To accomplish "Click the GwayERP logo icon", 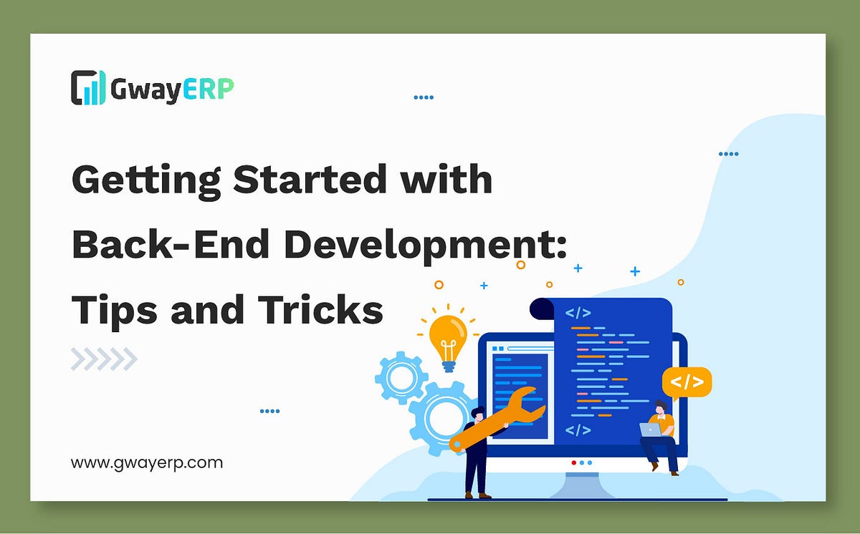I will (x=88, y=87).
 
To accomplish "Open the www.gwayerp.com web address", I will (x=147, y=462).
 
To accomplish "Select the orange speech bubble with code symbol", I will (x=687, y=382).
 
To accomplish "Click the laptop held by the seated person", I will (x=650, y=429).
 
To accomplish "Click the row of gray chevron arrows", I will (x=104, y=359).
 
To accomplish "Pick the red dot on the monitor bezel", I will (x=573, y=462).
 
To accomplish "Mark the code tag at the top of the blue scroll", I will (x=578, y=313).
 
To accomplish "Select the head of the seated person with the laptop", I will (x=661, y=407).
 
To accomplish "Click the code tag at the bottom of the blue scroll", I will (x=578, y=430).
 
